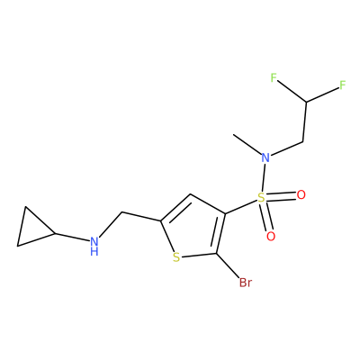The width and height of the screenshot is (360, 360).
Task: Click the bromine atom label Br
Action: (246, 283)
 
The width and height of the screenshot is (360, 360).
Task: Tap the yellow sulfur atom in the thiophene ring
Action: (176, 257)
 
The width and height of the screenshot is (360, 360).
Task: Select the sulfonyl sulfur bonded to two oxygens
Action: (262, 197)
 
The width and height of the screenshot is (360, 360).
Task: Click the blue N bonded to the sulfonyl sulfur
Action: (265, 157)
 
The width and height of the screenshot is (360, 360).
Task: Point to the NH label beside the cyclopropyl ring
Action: (94, 246)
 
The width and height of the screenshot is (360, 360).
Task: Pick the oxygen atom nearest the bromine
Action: (271, 237)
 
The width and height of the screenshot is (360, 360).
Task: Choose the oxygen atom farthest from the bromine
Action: (301, 195)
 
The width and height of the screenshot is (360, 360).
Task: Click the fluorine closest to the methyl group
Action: (273, 78)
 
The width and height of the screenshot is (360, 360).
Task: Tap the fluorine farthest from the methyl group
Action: (343, 85)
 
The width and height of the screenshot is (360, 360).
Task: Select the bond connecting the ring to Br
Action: (228, 265)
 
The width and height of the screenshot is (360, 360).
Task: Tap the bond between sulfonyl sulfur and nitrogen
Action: (263, 177)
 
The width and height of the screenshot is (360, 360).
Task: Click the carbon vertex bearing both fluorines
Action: (306, 102)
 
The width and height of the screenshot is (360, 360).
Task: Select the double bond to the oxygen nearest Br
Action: (266, 217)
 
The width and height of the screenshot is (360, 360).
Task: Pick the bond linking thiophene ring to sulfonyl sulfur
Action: (241, 207)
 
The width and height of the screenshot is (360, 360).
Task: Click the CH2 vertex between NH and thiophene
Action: (122, 212)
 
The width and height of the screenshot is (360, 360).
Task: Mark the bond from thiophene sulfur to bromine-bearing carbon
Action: (199, 256)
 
